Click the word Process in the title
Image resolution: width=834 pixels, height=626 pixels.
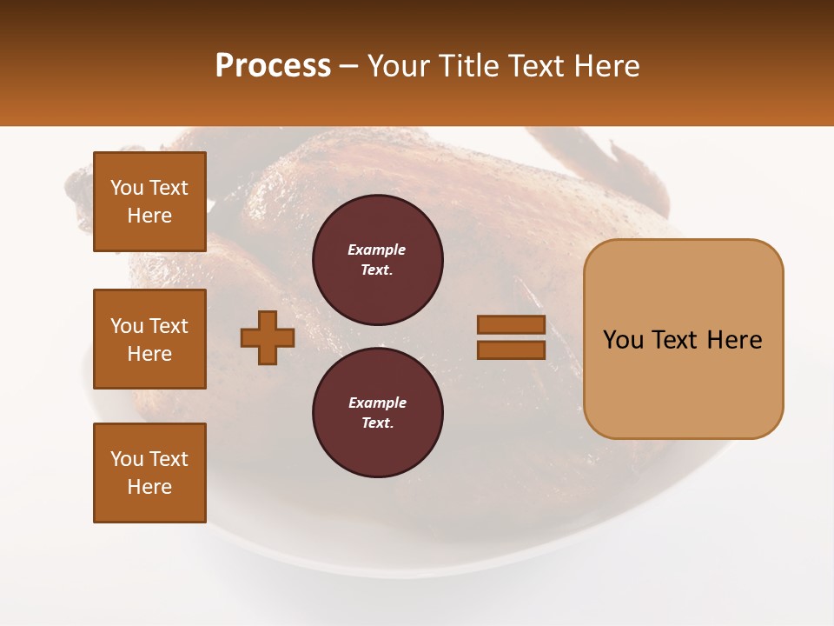tap(273, 65)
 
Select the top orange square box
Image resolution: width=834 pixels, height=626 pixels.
tap(149, 202)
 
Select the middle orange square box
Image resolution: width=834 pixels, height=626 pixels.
tap(149, 339)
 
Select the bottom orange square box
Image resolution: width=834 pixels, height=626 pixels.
tap(149, 473)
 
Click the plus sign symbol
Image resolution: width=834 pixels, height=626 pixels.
tap(268, 337)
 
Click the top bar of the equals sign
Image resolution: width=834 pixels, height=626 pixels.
tap(511, 325)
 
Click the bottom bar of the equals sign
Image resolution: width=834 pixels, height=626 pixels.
tap(511, 350)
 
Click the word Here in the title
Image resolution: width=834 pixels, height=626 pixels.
tap(605, 66)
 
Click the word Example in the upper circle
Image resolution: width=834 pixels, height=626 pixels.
tap(377, 250)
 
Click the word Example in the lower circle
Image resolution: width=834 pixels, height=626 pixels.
tap(377, 403)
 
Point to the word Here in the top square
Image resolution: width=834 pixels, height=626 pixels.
tap(149, 216)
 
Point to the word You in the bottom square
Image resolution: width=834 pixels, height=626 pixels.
tap(127, 459)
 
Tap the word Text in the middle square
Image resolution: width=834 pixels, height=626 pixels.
tap(168, 326)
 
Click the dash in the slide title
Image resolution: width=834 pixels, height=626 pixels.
tap(349, 66)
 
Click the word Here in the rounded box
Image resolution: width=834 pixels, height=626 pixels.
tap(734, 339)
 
